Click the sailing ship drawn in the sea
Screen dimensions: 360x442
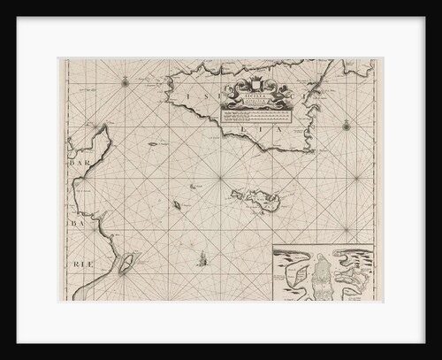(x=204, y=258)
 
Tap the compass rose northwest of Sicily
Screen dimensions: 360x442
(x=126, y=82)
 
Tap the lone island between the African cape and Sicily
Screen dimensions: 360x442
(x=153, y=144)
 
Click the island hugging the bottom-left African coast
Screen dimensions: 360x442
(x=129, y=263)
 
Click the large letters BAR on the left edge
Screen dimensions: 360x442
(x=76, y=164)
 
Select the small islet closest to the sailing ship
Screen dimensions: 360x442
(x=178, y=205)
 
